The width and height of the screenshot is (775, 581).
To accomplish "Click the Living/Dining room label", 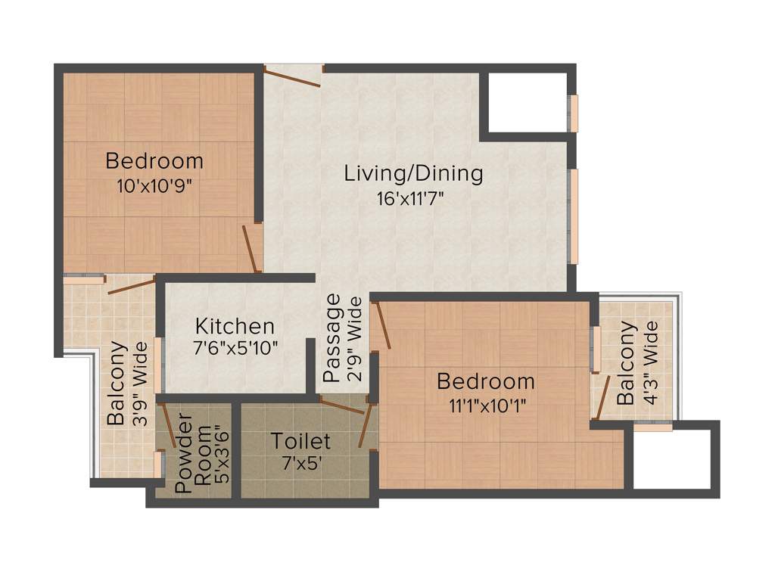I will (x=413, y=173).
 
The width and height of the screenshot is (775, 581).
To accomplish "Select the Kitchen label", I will (x=235, y=327).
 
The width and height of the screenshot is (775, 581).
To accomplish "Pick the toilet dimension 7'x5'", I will (x=300, y=463).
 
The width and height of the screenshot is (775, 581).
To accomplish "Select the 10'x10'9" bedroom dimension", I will (x=154, y=185).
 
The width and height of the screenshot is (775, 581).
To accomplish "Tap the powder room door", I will (x=167, y=427).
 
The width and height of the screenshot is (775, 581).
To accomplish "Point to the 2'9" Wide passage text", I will (x=354, y=337).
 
